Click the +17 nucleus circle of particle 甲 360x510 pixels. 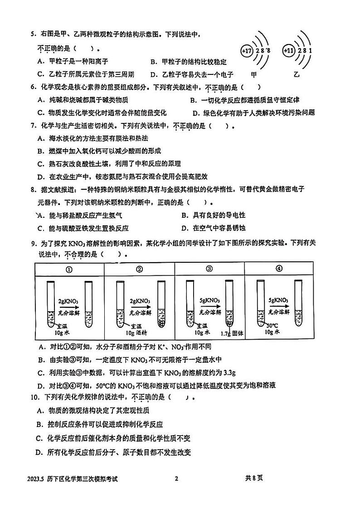tap(247, 51)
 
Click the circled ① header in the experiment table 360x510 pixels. tap(69, 269)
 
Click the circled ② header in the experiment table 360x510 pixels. tap(139, 269)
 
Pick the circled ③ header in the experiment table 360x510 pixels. tap(209, 269)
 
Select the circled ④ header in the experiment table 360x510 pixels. tap(279, 269)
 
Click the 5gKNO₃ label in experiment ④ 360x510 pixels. tap(278, 300)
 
